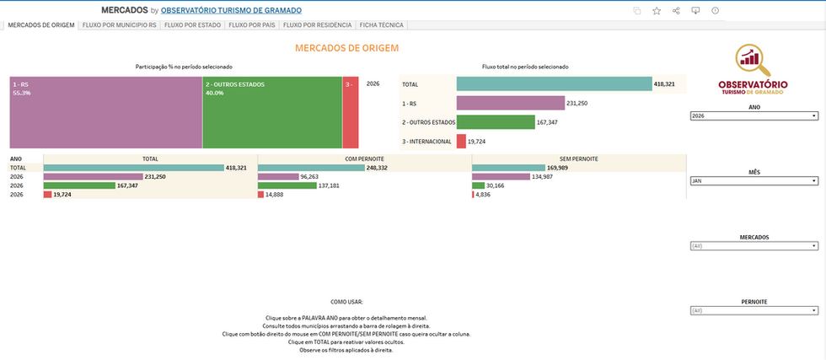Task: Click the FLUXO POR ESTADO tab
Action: pyautogui.click(x=192, y=25)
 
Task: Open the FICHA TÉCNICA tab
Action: pyautogui.click(x=381, y=25)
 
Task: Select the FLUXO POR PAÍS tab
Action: pyautogui.click(x=249, y=25)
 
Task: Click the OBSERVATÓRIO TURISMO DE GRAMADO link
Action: pyautogui.click(x=231, y=10)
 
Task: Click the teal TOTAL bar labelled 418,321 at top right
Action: pyautogui.click(x=554, y=83)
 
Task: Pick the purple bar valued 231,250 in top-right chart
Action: pyautogui.click(x=510, y=103)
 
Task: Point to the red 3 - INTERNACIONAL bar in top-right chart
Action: pyautogui.click(x=461, y=141)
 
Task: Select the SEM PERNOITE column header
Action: pyautogui.click(x=579, y=158)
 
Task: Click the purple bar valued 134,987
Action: pyautogui.click(x=500, y=177)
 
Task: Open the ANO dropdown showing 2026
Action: pyautogui.click(x=754, y=116)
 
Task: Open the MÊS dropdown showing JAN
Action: pyautogui.click(x=754, y=180)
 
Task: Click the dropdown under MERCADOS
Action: pyautogui.click(x=754, y=246)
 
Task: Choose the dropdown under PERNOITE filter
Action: pyautogui.click(x=754, y=310)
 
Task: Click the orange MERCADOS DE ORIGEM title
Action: pyautogui.click(x=346, y=49)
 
